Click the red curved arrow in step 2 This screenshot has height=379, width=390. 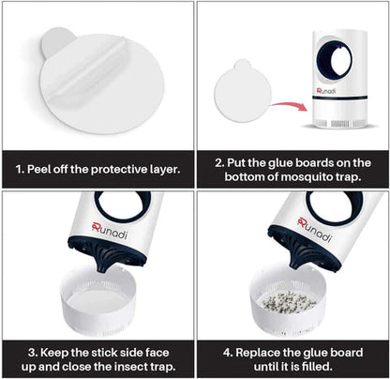click(289, 105)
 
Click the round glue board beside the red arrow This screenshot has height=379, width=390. click(242, 91)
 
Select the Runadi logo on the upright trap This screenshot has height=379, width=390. click(326, 91)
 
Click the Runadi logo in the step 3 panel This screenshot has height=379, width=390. click(110, 231)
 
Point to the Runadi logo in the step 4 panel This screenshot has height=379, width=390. click(314, 230)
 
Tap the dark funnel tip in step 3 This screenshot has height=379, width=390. click(102, 266)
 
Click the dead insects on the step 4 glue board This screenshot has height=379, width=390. click(289, 302)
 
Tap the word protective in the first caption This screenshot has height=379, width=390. click(119, 170)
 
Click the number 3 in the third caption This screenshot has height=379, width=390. click(32, 353)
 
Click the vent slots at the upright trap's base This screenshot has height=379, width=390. click(339, 124)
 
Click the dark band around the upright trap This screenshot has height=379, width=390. click(339, 98)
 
